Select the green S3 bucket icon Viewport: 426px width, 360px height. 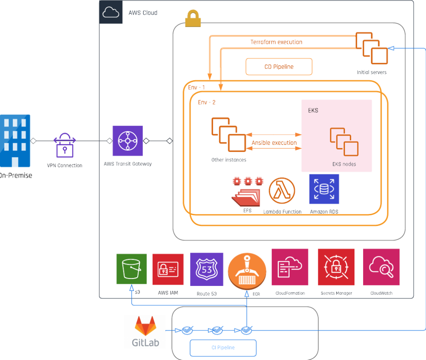point(131,269)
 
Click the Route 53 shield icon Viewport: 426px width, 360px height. point(206,269)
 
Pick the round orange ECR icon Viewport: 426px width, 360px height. point(247,269)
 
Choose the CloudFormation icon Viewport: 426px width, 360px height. point(290,267)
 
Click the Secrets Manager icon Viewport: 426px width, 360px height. point(336,267)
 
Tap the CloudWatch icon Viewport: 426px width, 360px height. point(381,267)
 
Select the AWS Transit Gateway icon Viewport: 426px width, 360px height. point(128,141)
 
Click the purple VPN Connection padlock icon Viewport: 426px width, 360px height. point(65,145)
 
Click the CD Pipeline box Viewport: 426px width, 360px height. point(279,67)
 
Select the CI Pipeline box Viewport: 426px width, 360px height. point(223,348)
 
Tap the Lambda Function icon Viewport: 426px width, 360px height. point(282,191)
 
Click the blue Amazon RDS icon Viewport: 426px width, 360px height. point(324,189)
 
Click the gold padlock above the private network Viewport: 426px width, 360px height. point(193,18)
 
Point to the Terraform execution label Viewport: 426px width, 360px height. point(276,42)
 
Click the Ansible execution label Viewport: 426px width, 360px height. point(274,143)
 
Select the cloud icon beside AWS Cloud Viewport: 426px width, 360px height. point(111,12)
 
